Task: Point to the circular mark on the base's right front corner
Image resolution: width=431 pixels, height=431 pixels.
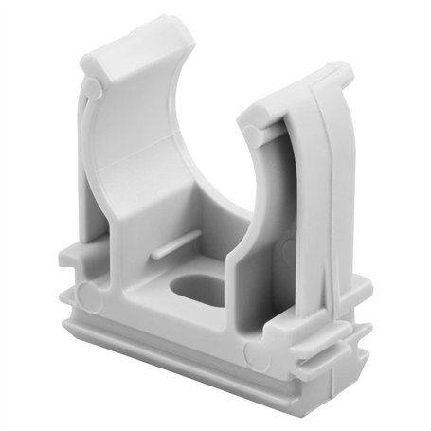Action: point(251,355)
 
